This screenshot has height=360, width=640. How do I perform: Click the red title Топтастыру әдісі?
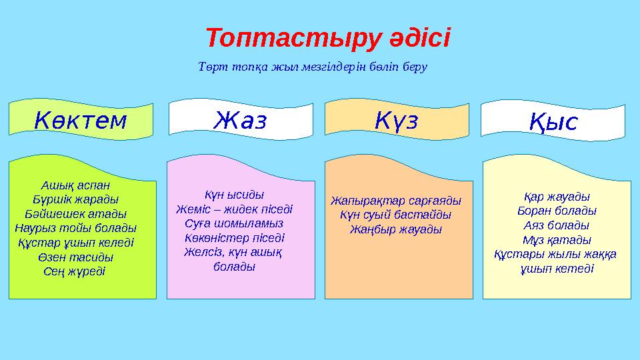328,39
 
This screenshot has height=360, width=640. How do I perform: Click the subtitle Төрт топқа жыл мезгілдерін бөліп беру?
313,67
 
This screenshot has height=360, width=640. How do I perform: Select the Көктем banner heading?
81,121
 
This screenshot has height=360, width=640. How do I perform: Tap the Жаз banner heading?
241,121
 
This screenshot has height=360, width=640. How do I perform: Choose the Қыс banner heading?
553,122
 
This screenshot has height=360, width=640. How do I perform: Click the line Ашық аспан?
75,185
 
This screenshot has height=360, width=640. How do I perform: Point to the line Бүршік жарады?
75,199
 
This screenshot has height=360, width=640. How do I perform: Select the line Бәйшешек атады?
75,214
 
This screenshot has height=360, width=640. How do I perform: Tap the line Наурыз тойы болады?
75,228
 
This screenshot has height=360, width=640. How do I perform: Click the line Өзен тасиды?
75,257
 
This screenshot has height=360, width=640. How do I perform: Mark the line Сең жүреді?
74,272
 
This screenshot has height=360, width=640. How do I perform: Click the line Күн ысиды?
234,195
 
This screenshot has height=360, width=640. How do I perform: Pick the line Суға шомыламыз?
234,224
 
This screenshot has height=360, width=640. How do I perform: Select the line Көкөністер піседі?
234,238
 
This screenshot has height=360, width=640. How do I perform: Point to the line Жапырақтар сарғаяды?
396,201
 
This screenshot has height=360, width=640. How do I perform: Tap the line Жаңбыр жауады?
396,229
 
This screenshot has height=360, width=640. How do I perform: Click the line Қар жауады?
557,197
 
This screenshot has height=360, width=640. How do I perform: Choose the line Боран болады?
557,211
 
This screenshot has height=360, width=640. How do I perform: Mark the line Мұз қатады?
557,240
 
